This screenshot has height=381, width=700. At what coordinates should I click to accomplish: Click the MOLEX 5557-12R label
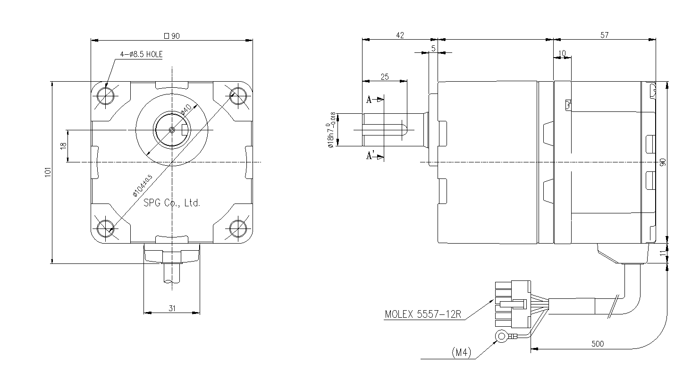[x=422, y=314]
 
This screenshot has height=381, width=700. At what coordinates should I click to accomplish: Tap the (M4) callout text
[x=462, y=352]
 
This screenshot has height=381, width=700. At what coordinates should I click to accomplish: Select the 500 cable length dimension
[x=597, y=344]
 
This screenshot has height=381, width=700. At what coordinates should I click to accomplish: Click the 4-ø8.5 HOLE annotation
[x=141, y=54]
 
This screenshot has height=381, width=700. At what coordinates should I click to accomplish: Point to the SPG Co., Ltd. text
[x=172, y=203]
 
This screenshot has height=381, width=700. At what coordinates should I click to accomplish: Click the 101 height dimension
[x=47, y=172]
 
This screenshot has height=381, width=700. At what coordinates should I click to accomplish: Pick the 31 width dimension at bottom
[x=172, y=308]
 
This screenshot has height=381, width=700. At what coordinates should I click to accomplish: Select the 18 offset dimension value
[x=63, y=146]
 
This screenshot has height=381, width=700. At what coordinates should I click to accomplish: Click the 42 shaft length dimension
[x=399, y=35]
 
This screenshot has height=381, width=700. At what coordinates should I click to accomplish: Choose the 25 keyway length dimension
[x=384, y=76]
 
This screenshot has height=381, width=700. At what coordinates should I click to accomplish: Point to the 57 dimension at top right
[x=605, y=35]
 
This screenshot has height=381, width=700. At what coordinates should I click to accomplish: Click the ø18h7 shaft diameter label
[x=331, y=130]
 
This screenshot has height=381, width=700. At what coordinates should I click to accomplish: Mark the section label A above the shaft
[x=369, y=100]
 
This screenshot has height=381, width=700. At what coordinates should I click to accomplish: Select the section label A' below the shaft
[x=371, y=156]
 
